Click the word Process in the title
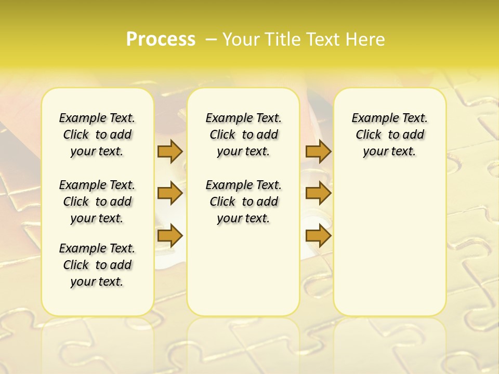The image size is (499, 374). pyautogui.click(x=161, y=39)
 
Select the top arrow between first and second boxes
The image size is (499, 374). pyautogui.click(x=170, y=151)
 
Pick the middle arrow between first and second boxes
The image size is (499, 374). pyautogui.click(x=170, y=193)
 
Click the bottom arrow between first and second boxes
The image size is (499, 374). pyautogui.click(x=170, y=236)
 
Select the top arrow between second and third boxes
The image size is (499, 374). pyautogui.click(x=318, y=151)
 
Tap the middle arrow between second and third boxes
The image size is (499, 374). pyautogui.click(x=318, y=193)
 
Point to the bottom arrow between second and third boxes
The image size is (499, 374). pyautogui.click(x=318, y=236)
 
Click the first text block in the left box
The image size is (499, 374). pyautogui.click(x=97, y=135)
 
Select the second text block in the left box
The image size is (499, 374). pyautogui.click(x=97, y=202)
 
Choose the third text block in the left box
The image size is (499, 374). pyautogui.click(x=97, y=265)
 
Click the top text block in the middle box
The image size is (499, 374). pyautogui.click(x=243, y=135)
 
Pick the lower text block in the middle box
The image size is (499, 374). pyautogui.click(x=243, y=202)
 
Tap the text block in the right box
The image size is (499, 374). pyautogui.click(x=389, y=135)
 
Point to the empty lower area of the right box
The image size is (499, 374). pyautogui.click(x=389, y=244)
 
